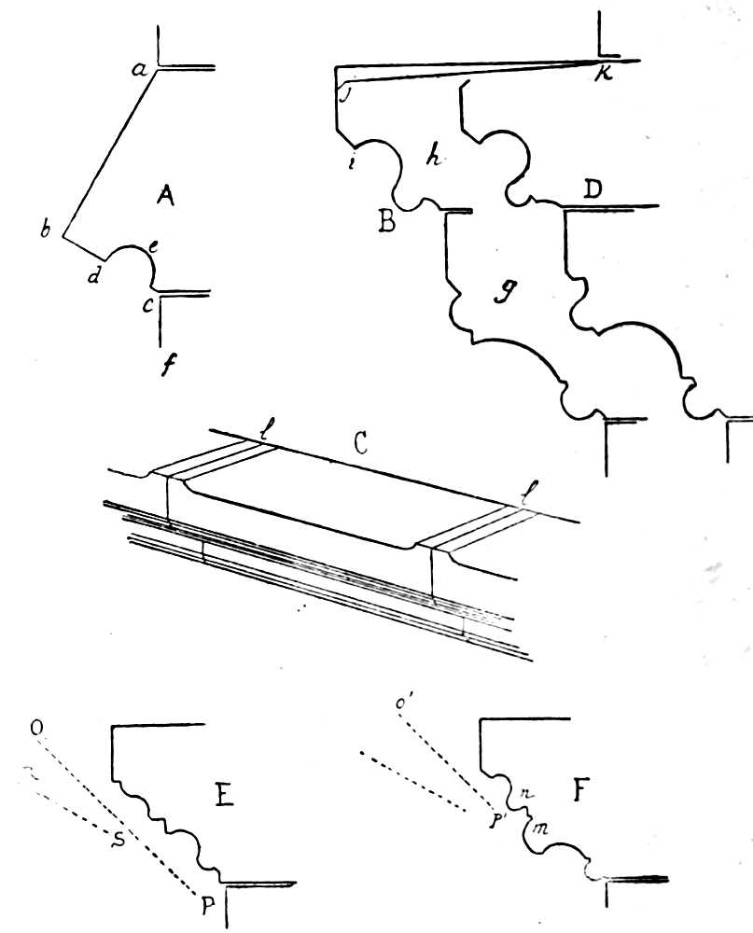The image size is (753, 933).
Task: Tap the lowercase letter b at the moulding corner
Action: (44, 231)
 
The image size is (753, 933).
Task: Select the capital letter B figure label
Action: (384, 222)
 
